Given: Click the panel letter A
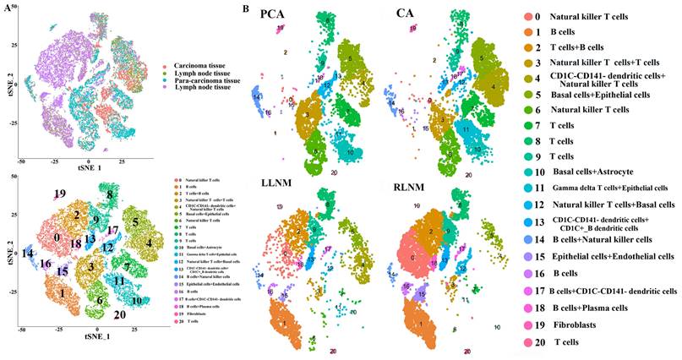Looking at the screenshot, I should tap(7, 7).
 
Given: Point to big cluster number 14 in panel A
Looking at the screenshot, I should tap(28, 253).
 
